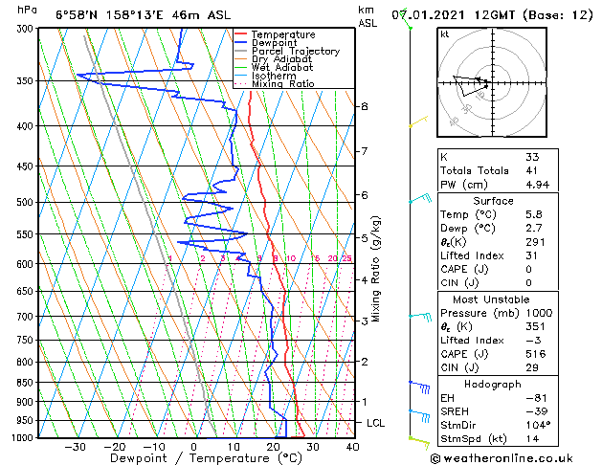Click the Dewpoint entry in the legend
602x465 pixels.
pyautogui.click(x=274, y=42)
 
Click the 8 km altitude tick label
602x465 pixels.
pyautogui.click(x=365, y=106)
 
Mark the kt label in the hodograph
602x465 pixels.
pyautogui.click(x=445, y=34)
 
